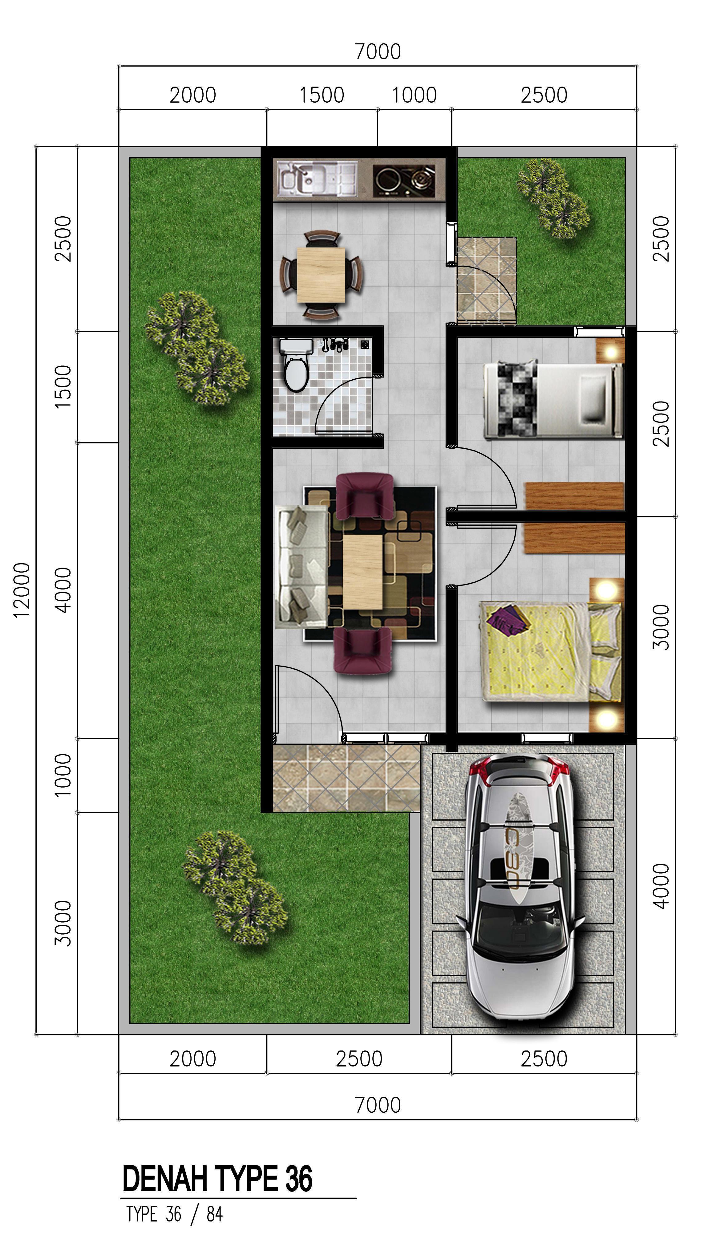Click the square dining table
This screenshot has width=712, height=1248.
coord(321,275)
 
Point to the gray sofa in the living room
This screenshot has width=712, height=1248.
coord(302,566)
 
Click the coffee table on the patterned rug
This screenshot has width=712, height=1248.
coord(362,571)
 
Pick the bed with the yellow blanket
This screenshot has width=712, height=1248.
coord(552,652)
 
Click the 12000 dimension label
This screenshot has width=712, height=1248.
coord(22,590)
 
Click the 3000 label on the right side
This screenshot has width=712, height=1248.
coord(661,627)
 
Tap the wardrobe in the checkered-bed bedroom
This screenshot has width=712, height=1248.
coord(575,496)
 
